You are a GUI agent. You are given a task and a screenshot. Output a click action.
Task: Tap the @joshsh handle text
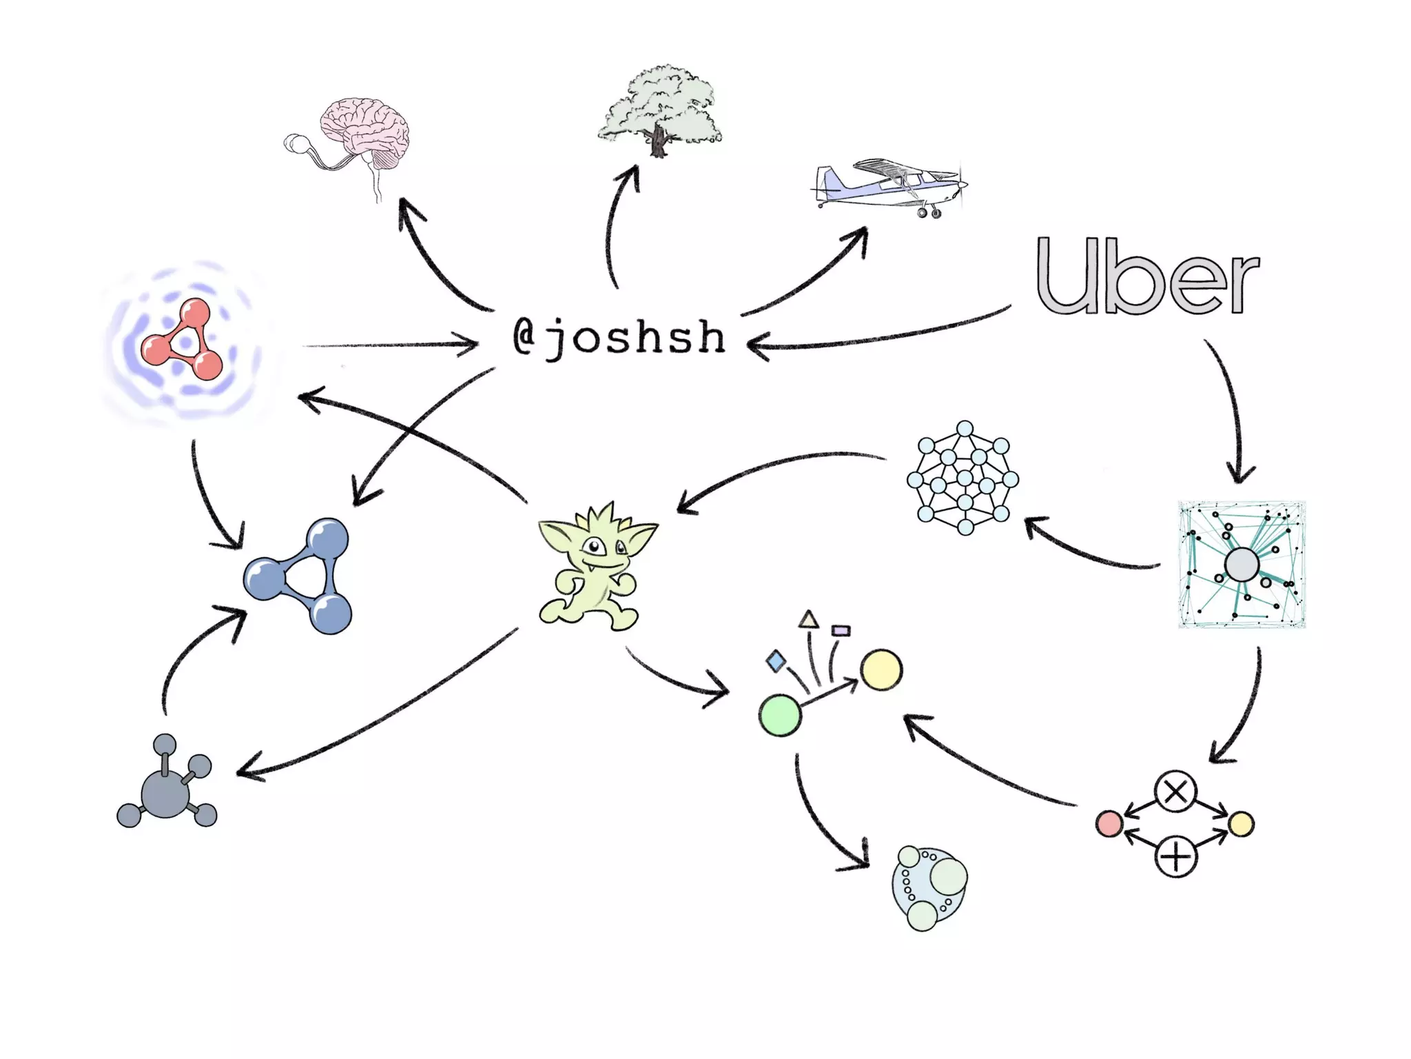pos(619,337)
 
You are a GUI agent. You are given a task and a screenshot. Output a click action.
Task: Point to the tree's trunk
pos(659,141)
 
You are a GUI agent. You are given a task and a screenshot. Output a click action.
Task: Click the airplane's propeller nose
pos(962,184)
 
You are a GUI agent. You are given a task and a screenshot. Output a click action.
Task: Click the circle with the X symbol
pos(1175,792)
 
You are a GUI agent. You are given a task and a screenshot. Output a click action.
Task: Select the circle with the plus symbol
pos(1175,857)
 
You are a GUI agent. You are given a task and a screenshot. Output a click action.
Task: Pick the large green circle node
pos(780,716)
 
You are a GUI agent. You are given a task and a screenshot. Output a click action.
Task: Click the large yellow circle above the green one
pos(881,669)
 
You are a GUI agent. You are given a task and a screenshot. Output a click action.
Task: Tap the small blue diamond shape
pos(776,661)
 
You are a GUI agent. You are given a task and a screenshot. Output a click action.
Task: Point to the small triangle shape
pos(809,620)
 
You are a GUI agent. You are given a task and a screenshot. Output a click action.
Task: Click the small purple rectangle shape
pos(841,630)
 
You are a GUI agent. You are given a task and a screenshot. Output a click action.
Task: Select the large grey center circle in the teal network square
pos(1242,565)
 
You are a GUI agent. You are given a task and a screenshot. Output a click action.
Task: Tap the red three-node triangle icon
pos(183,341)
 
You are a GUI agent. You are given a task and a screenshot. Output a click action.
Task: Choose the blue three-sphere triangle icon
pos(300,576)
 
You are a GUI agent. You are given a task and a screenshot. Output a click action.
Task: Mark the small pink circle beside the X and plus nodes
pos(1109,824)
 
